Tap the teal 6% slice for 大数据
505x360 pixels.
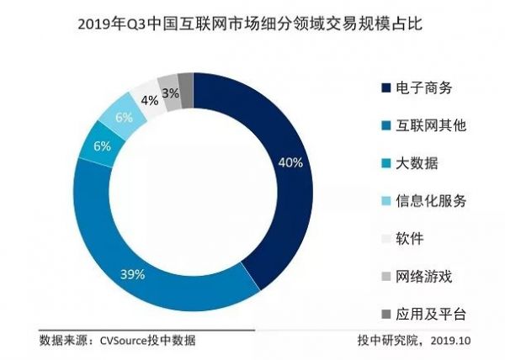[x=100, y=148]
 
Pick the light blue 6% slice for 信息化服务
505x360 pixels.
[x=123, y=117]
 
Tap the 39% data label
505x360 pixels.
[x=133, y=274]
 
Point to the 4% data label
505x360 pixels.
[x=150, y=101]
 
